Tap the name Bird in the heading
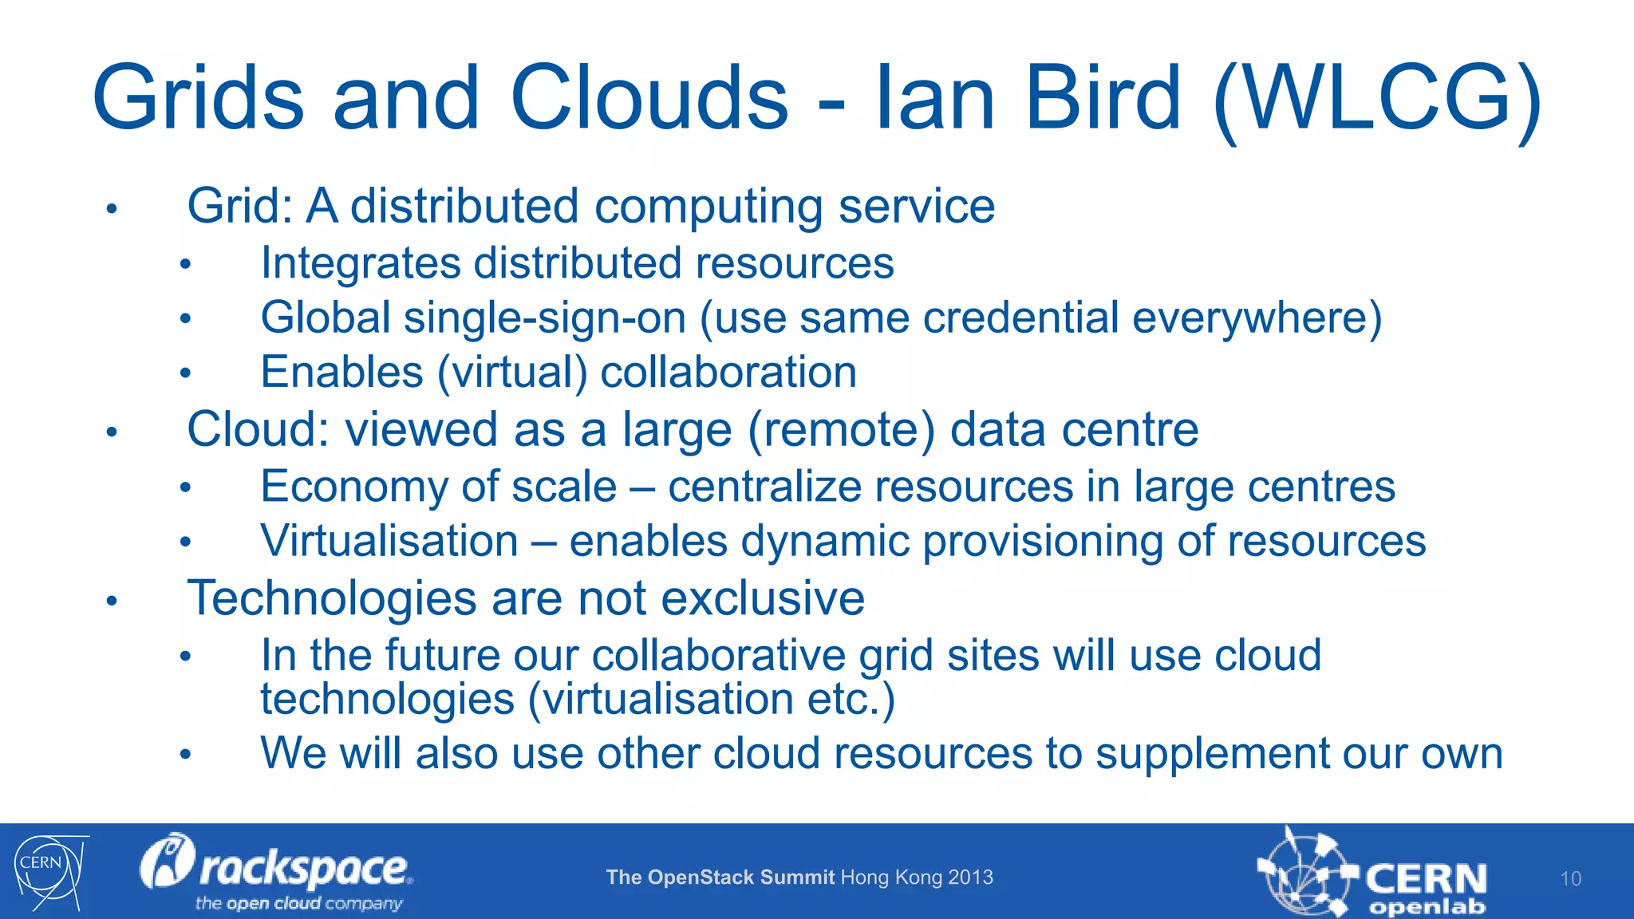tap(1102, 99)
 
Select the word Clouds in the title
tap(649, 99)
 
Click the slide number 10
tap(1570, 878)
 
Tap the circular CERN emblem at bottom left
tap(48, 871)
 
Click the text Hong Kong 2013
tap(917, 878)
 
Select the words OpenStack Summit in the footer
tap(741, 878)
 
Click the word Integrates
tap(361, 263)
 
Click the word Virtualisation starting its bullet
tap(389, 541)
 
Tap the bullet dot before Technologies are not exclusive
tap(112, 601)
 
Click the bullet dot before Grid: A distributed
tap(112, 210)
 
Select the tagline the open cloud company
tap(298, 903)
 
